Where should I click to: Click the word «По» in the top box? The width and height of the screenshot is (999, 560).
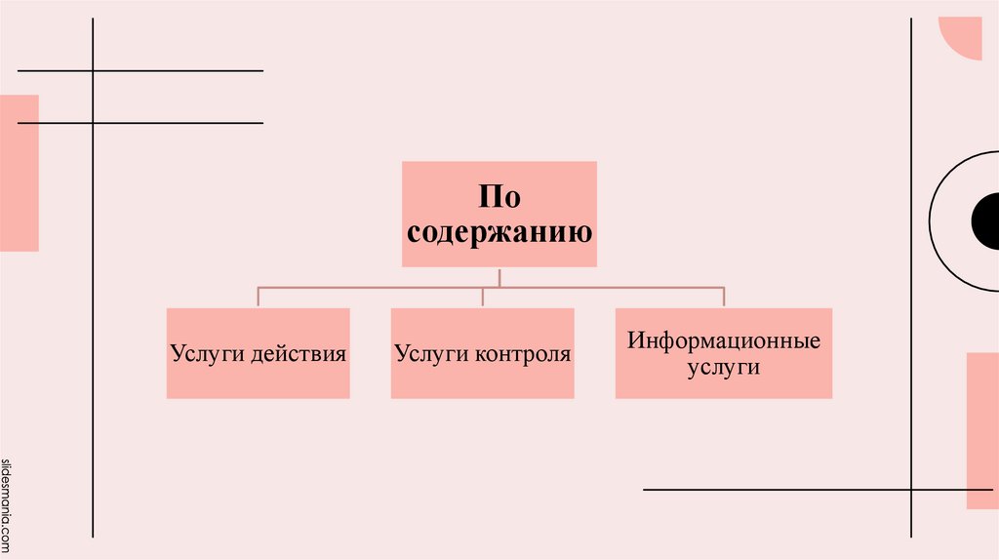point(499,197)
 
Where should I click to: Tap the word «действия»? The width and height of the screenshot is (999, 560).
point(298,352)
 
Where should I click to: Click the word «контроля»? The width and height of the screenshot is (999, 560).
point(523,352)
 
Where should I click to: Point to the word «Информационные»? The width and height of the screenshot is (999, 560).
point(724,341)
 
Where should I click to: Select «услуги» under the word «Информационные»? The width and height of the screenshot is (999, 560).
point(723,368)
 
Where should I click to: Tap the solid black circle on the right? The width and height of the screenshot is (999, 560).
point(986,221)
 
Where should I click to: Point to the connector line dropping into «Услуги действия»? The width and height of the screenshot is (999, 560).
point(259,298)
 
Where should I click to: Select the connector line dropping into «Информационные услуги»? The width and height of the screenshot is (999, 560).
point(724,298)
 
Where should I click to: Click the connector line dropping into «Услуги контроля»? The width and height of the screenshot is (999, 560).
point(483,298)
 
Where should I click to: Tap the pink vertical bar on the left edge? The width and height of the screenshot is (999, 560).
point(20,173)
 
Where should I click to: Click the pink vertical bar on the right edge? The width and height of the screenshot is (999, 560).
point(982,430)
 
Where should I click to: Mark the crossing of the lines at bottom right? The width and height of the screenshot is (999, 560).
point(911,489)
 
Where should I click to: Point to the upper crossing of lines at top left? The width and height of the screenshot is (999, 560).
point(93,71)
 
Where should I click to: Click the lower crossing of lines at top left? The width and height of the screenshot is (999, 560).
point(93,123)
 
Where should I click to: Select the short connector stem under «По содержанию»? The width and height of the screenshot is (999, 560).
point(499,277)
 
